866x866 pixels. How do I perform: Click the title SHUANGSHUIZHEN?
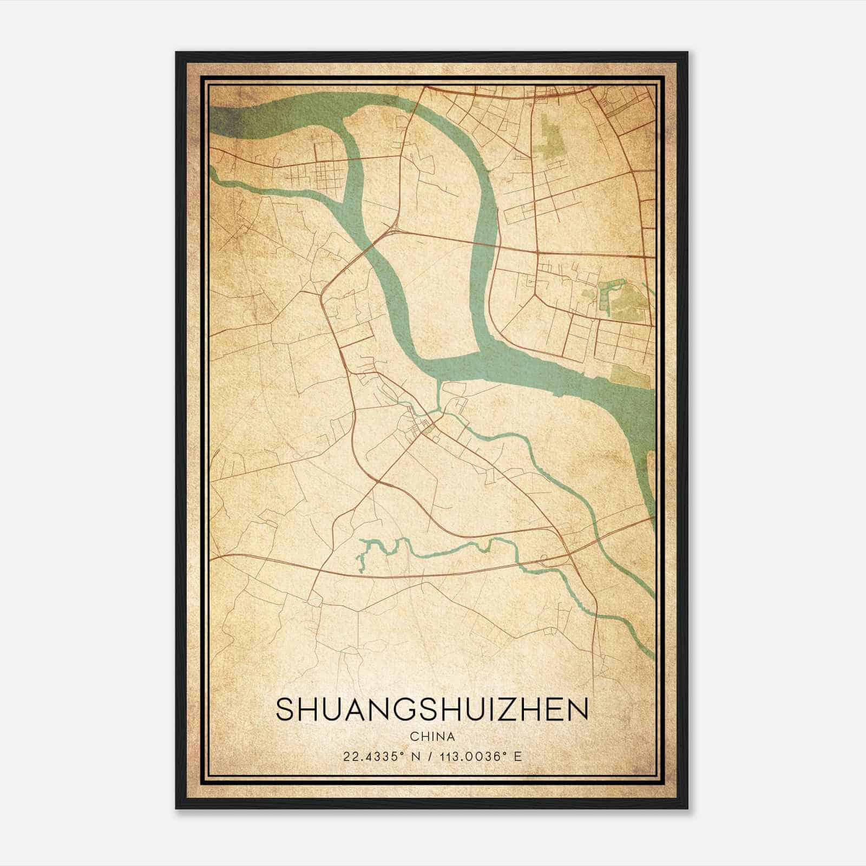click(432, 710)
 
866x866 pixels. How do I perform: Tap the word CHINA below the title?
click(432, 737)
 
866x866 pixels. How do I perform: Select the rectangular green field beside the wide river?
click(628, 375)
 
